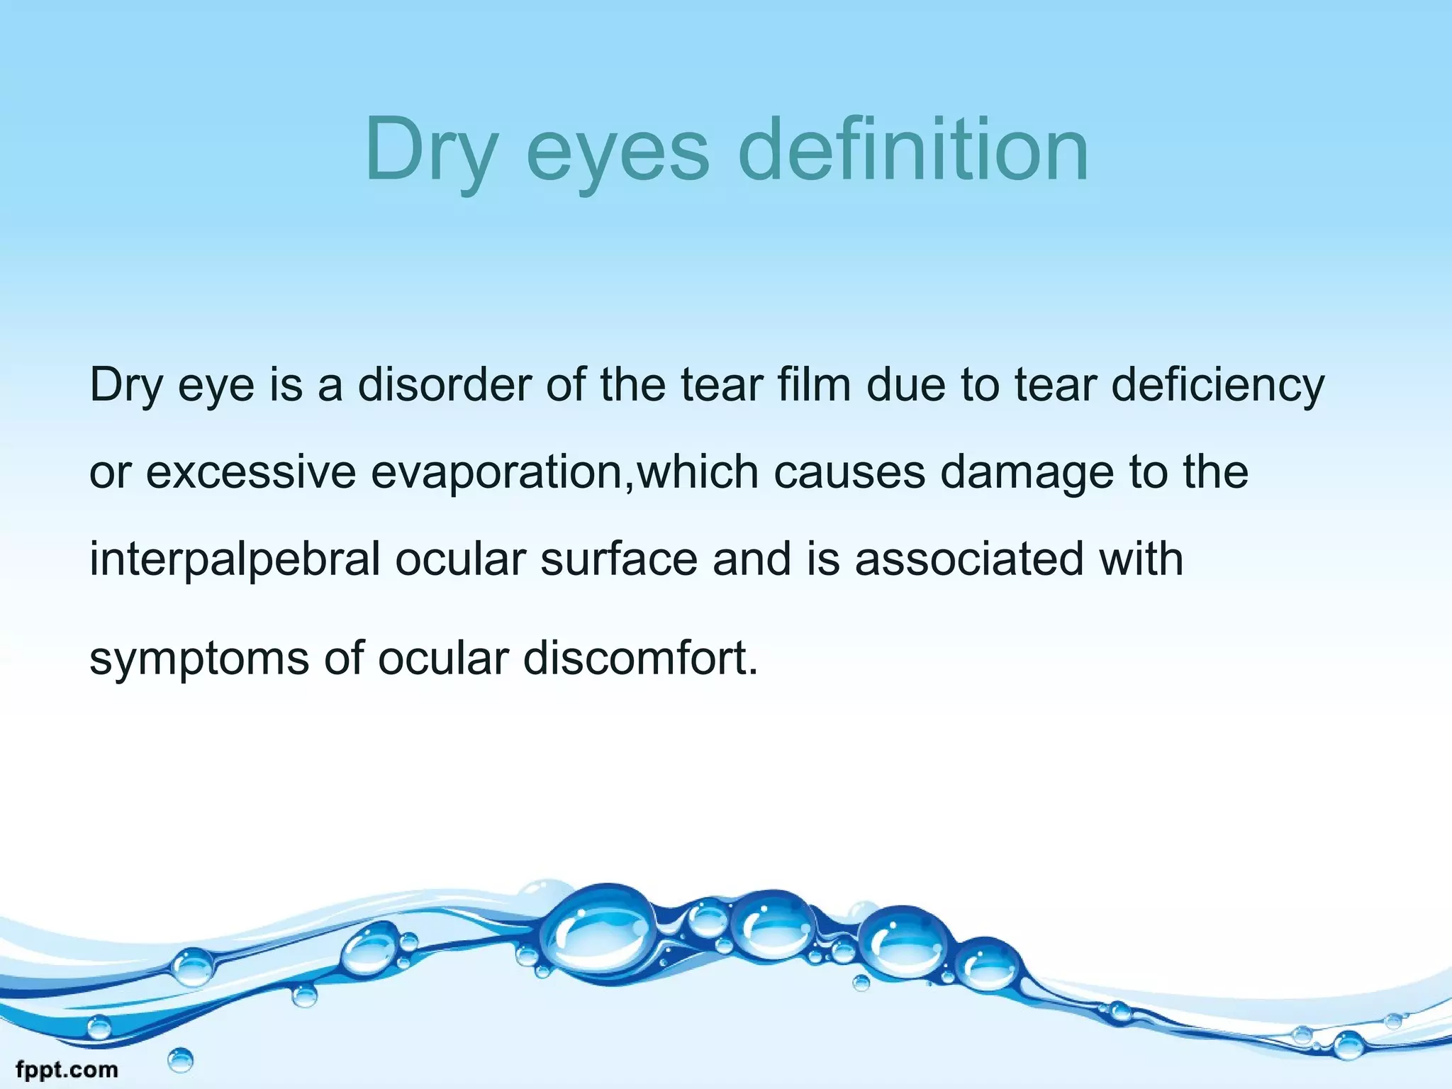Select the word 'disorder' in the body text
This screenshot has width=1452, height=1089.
tap(444, 385)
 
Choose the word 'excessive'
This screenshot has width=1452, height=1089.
tap(250, 473)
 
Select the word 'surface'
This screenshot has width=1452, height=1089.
tap(619, 559)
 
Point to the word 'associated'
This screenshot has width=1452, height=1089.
tap(969, 559)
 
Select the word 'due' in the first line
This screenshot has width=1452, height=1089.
tap(906, 385)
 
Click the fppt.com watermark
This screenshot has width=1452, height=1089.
tap(67, 1069)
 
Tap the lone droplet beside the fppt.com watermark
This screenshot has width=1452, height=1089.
tap(181, 1061)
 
